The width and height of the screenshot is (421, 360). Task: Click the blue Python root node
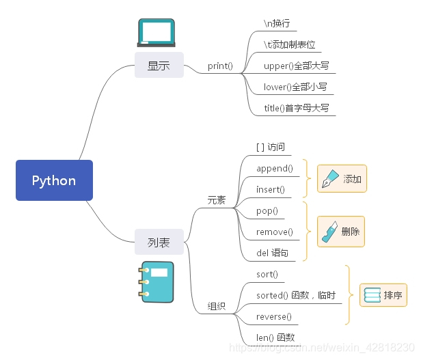click(54, 180)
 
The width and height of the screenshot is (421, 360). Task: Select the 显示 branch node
click(159, 66)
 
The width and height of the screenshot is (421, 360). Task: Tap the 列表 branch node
click(159, 242)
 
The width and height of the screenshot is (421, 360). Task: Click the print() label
click(220, 66)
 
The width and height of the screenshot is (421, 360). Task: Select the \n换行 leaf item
click(280, 23)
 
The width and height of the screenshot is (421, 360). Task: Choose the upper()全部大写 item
click(297, 66)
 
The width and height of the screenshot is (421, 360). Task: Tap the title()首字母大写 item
click(298, 108)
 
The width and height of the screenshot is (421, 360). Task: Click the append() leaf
click(274, 168)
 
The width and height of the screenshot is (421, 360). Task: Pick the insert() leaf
click(271, 189)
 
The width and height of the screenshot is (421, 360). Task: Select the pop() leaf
click(267, 210)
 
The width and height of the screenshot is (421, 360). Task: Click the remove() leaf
click(274, 232)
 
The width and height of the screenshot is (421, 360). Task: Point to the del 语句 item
click(272, 253)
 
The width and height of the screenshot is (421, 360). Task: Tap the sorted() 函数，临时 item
click(295, 295)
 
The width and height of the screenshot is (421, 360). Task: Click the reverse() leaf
click(273, 316)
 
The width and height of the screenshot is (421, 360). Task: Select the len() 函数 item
click(275, 337)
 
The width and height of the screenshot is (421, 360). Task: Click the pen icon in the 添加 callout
click(329, 179)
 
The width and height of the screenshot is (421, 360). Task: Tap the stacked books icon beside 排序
click(372, 295)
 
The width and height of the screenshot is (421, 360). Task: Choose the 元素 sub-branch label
click(216, 200)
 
